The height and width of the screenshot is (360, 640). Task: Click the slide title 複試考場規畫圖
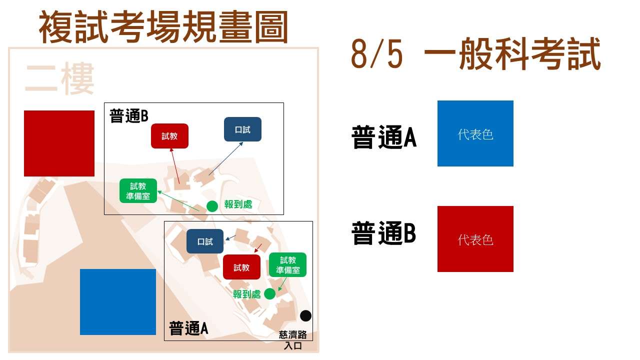[163, 26]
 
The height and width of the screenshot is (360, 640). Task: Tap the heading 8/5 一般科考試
[475, 54]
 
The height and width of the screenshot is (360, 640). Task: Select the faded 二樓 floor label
[59, 78]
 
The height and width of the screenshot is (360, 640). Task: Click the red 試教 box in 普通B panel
[169, 136]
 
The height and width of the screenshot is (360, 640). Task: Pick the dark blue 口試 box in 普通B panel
[242, 129]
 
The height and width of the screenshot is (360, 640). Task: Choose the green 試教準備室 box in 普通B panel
[138, 191]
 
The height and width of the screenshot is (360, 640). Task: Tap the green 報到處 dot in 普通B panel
[212, 206]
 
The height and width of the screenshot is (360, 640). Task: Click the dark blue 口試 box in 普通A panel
[205, 241]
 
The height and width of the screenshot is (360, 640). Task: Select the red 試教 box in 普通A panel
[241, 267]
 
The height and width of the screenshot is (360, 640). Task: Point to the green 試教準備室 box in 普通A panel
[287, 265]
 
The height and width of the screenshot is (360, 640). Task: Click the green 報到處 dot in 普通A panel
[269, 293]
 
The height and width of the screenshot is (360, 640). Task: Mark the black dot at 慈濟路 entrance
[305, 315]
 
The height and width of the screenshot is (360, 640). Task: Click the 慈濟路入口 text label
[293, 340]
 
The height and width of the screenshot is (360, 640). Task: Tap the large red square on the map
[59, 143]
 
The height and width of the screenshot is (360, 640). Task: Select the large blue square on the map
[118, 302]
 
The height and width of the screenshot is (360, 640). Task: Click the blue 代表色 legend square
[475, 133]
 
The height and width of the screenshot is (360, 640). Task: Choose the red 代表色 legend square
[475, 239]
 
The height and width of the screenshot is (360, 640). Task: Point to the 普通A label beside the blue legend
[384, 137]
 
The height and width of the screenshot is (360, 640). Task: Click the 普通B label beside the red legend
[383, 233]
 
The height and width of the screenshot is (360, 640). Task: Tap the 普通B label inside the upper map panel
[129, 116]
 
